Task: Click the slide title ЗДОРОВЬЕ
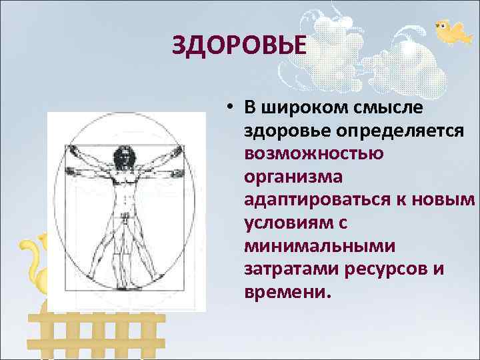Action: click(239, 47)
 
